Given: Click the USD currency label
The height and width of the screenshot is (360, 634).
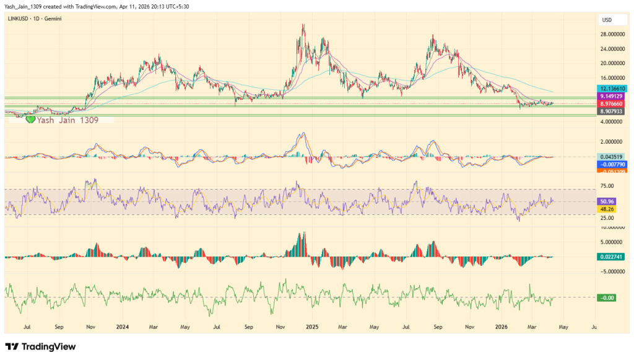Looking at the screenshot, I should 606,20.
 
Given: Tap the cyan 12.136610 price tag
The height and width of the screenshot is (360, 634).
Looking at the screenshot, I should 611,89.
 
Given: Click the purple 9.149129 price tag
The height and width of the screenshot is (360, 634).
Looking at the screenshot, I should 611,97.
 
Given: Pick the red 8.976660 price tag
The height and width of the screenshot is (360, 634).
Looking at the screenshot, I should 611,105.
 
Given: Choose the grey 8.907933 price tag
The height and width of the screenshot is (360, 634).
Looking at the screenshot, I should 611,112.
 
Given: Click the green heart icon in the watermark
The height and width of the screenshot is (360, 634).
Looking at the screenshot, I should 30,119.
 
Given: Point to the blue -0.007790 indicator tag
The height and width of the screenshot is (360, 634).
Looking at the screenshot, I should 611,164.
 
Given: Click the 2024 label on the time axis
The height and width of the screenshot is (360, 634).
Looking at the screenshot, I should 123,326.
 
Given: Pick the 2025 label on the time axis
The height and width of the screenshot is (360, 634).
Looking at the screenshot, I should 311,326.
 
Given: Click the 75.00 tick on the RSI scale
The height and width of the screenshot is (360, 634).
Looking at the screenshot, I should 607,186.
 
